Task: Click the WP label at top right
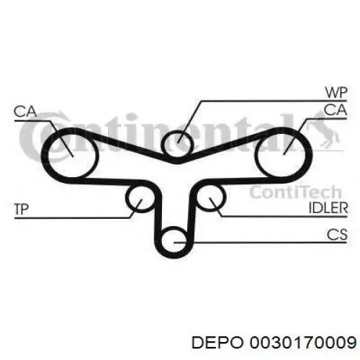point(336,92)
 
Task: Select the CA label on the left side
point(25,112)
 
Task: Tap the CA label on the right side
point(336,110)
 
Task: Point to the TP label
point(22,209)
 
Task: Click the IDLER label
point(328,208)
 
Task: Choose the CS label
point(337,235)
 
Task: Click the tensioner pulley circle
point(126,197)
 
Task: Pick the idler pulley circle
point(225,197)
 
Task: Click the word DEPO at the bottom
point(217,342)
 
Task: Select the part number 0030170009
point(303,342)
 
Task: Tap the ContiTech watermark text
point(295,192)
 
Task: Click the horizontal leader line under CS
point(261,243)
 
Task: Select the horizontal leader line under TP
point(73,218)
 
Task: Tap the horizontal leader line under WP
point(274,101)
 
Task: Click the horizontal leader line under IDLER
point(284,217)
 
